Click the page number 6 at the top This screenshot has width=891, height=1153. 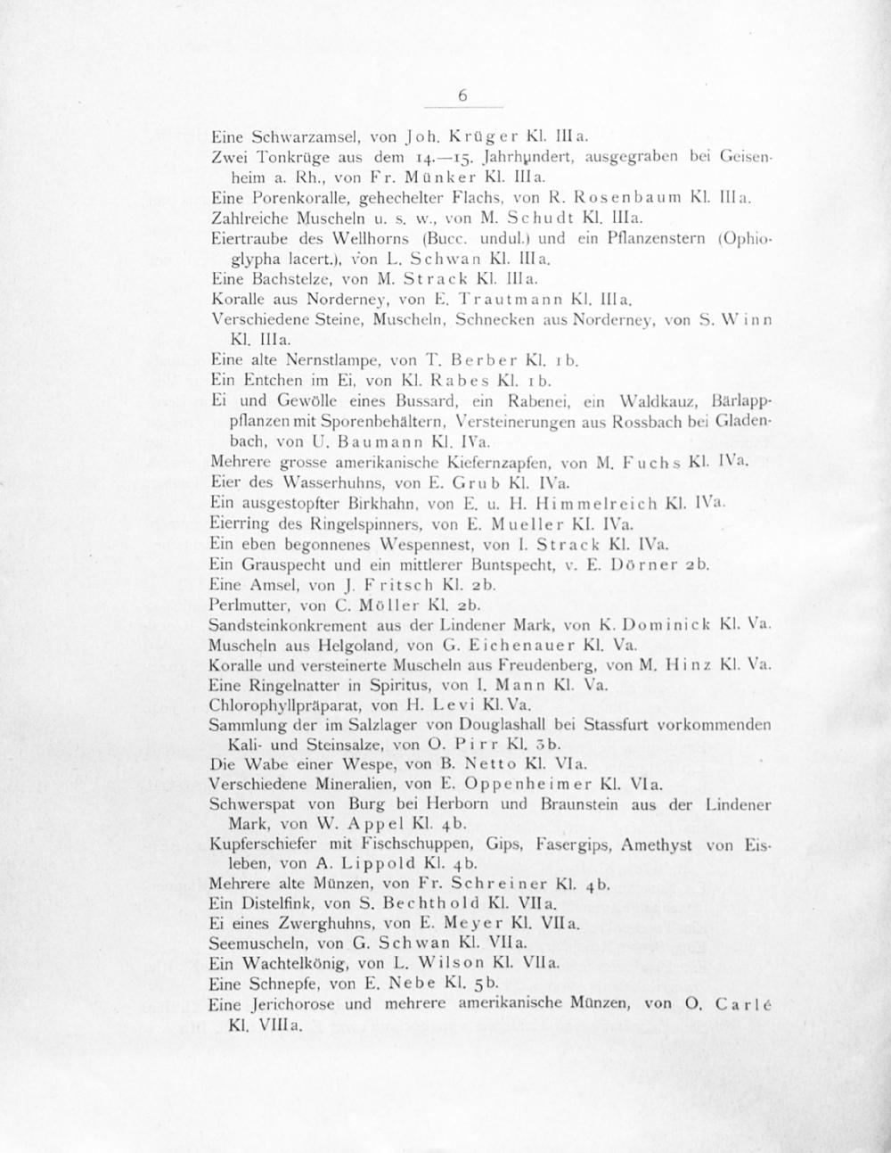point(462,96)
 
